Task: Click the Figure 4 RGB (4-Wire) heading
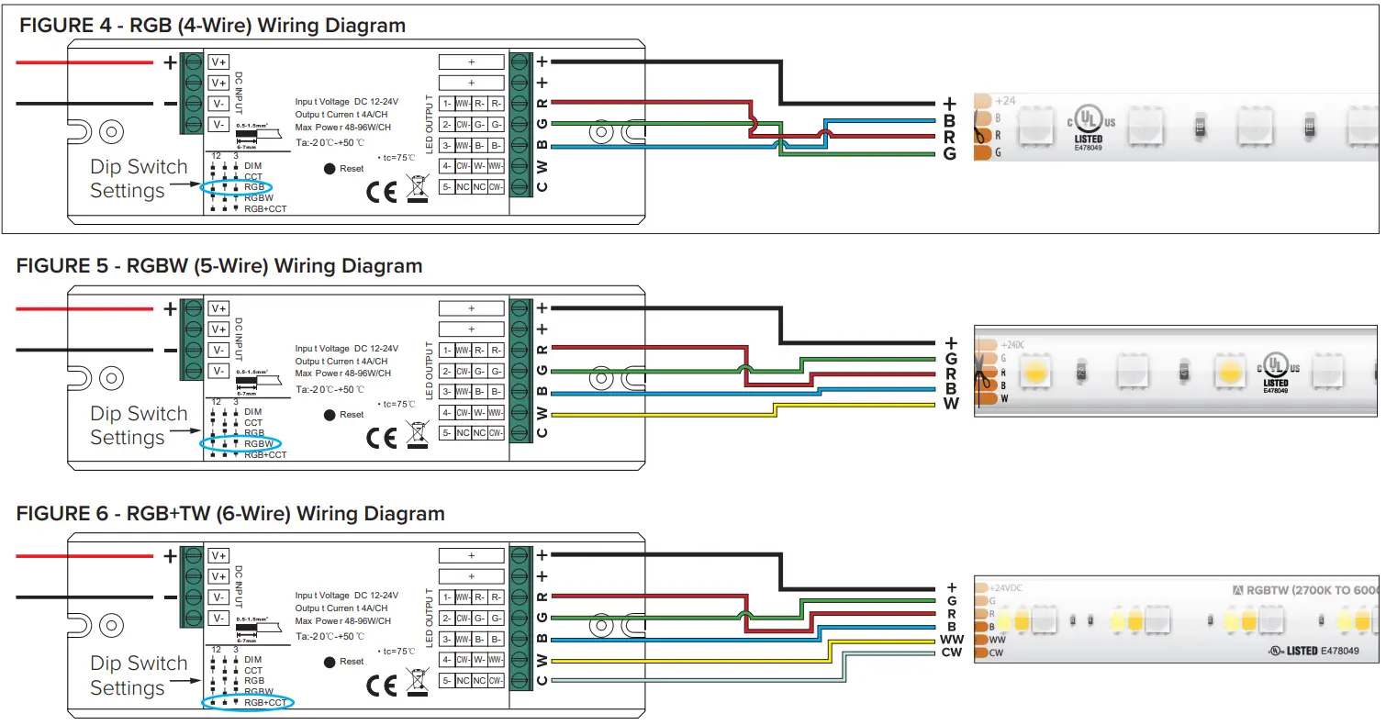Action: tap(212, 25)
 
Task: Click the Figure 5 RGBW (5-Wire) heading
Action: tap(219, 266)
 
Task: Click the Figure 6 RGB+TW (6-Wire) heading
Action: tap(230, 514)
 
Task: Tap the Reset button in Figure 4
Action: tap(330, 169)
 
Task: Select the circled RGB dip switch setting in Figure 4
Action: tap(252, 187)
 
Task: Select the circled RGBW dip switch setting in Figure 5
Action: tap(257, 444)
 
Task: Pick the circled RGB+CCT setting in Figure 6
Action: tap(264, 703)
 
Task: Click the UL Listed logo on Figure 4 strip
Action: tap(1090, 123)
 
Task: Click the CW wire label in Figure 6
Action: tap(951, 652)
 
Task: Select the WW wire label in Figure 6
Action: tap(950, 639)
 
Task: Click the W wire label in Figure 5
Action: tap(951, 404)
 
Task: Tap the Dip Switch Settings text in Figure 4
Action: tap(138, 179)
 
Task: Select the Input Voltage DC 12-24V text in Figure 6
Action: tap(347, 596)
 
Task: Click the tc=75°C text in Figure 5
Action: tap(397, 404)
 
